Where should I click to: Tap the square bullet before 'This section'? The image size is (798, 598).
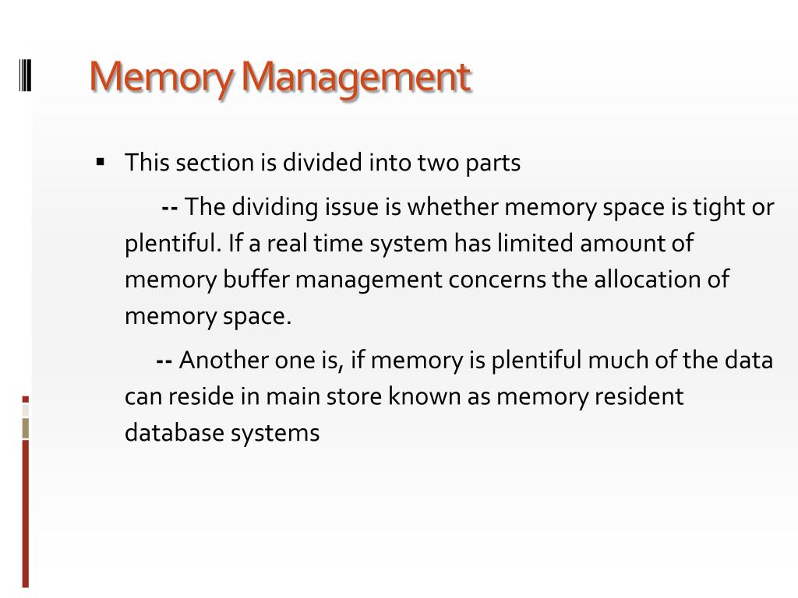coord(101,163)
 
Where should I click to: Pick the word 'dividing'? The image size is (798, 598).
coord(272,207)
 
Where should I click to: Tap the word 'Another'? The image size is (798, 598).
coord(223,361)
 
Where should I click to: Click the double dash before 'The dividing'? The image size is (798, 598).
coord(170,207)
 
